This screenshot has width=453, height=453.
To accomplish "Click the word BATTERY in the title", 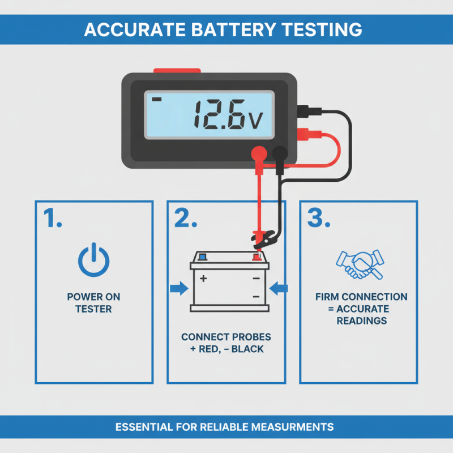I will (x=226, y=29).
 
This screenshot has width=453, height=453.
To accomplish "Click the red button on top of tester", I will (x=177, y=71).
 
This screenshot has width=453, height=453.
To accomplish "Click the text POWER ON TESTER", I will (x=93, y=302).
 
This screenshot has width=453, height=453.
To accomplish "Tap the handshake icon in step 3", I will (x=359, y=264).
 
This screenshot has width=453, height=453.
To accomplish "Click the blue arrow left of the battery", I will (x=178, y=289).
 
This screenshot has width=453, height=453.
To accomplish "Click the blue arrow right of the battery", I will (x=279, y=289).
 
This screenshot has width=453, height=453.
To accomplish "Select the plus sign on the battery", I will (x=204, y=279).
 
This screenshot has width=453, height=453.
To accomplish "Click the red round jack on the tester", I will (x=259, y=152).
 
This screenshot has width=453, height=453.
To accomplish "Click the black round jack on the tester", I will (x=279, y=152).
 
